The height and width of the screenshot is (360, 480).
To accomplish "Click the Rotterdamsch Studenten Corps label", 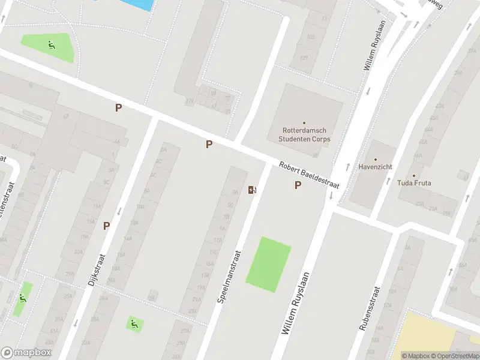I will click(x=304, y=134).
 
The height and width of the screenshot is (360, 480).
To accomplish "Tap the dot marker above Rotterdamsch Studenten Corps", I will click(x=304, y=122).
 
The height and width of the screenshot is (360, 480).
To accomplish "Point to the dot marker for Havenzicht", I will click(x=375, y=159).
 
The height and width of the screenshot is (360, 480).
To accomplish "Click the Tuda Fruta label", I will click(x=414, y=183).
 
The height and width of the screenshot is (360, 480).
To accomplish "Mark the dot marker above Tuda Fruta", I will click(x=414, y=176).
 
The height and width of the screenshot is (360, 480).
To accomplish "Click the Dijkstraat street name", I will click(x=99, y=266).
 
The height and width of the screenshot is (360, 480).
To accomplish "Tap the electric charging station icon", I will click(x=253, y=190).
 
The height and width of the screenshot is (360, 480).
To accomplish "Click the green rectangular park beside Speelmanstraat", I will click(x=268, y=264).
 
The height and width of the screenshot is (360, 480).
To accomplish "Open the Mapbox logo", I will click(x=26, y=353).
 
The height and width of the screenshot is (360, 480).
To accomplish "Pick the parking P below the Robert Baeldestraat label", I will click(x=298, y=185).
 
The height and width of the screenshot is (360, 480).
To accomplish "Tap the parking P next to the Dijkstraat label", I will click(x=107, y=226).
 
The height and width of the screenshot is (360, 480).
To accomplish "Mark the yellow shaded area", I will click(x=438, y=333).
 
